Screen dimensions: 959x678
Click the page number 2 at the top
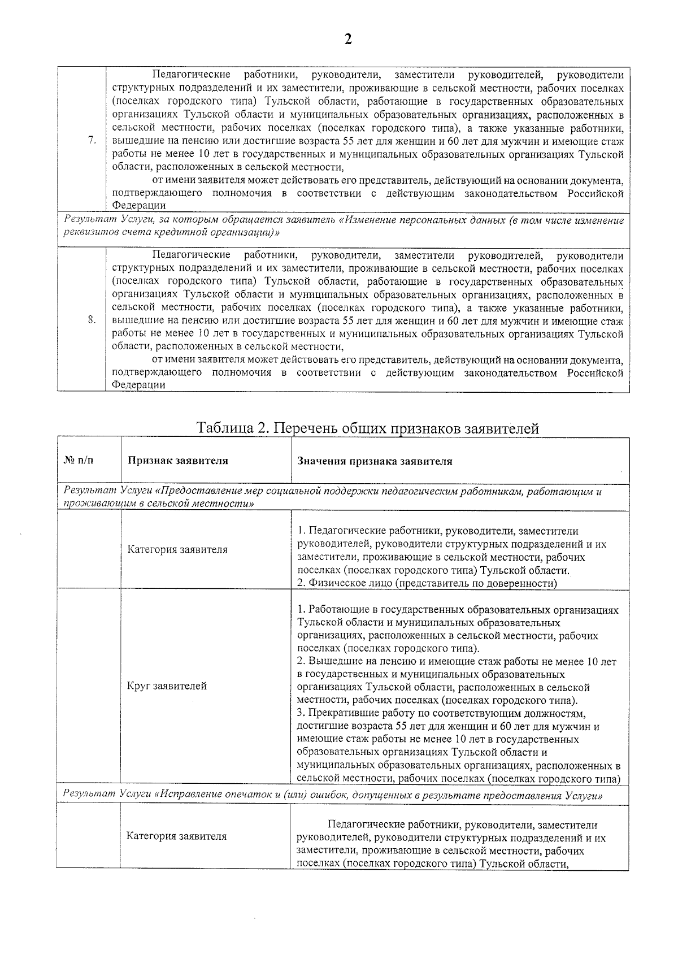click(348, 40)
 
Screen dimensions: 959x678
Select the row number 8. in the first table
click(92, 320)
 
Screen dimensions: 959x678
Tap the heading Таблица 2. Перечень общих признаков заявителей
click(367, 428)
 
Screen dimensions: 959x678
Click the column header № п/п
click(79, 461)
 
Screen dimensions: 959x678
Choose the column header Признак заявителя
click(178, 461)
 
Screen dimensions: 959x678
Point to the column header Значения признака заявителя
click(375, 461)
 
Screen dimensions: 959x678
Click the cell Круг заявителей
click(167, 686)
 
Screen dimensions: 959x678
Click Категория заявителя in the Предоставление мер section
click(177, 549)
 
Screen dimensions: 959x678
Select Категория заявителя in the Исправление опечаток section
click(176, 836)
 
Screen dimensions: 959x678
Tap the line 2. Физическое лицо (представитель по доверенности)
click(427, 583)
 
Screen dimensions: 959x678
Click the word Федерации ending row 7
click(138, 206)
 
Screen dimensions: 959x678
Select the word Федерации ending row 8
click(138, 385)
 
